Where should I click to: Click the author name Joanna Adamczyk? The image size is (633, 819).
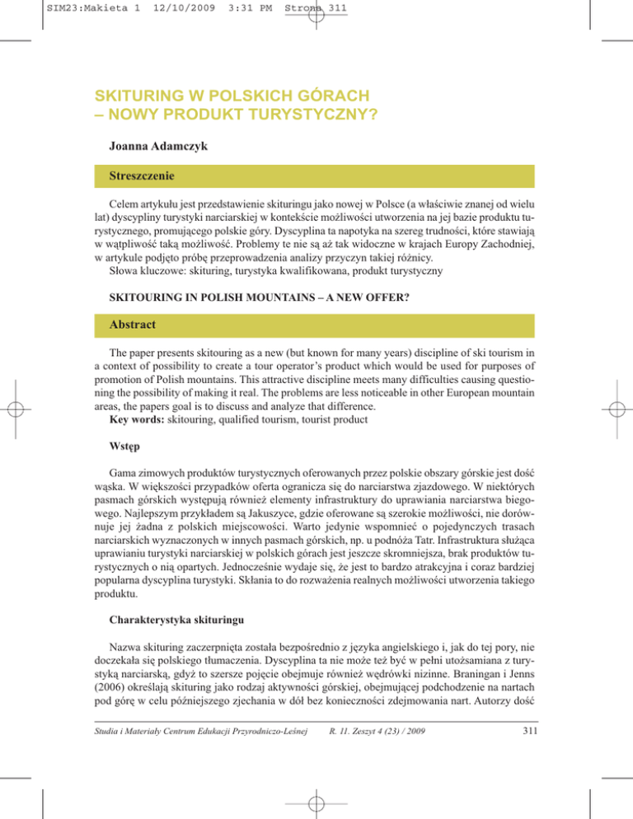pyautogui.click(x=158, y=148)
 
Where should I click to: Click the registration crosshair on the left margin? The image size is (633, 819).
pyautogui.click(x=17, y=409)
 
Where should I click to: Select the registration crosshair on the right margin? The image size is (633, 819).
pyautogui.click(x=616, y=409)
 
